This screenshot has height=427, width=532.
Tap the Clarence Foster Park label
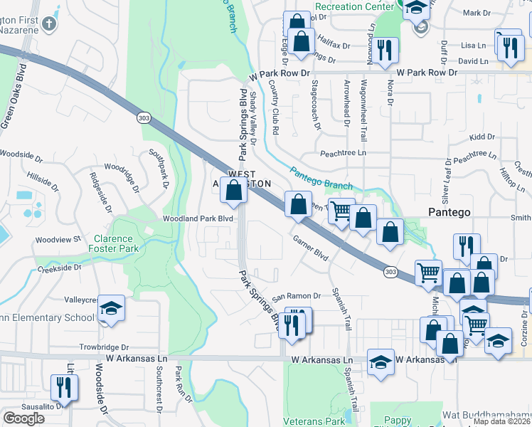[113, 244]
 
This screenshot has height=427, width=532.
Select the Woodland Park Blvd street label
[198, 219]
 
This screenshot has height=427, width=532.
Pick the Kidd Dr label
[482, 137]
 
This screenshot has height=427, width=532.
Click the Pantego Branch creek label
[321, 178]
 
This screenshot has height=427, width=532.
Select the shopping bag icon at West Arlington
[234, 191]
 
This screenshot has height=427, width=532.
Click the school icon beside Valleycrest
[111, 309]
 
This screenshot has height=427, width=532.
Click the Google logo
[24, 418]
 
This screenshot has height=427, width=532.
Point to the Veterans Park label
[314, 421]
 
